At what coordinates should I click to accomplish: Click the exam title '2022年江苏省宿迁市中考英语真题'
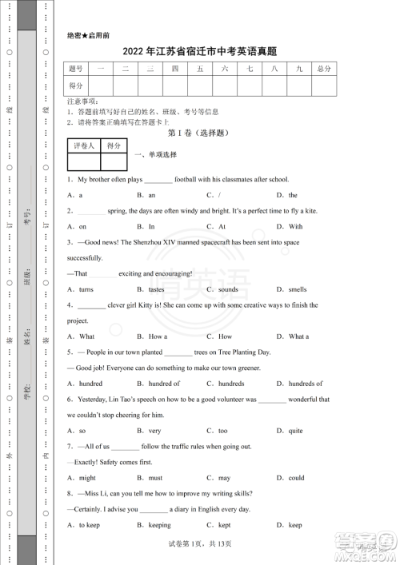[200, 51]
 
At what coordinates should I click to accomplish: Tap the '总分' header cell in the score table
[323, 70]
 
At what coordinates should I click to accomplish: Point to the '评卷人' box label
[84, 146]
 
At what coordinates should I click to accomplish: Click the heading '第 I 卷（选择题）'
[199, 133]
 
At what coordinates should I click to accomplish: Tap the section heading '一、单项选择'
[155, 154]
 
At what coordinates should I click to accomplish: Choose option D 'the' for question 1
[292, 195]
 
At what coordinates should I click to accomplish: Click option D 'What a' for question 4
[298, 336]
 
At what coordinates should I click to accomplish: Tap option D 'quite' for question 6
[295, 431]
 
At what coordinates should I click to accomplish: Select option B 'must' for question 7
[154, 478]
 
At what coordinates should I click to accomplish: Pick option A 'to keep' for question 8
[89, 525]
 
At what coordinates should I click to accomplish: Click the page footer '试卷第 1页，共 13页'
[200, 543]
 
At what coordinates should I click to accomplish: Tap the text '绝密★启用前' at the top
[89, 36]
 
